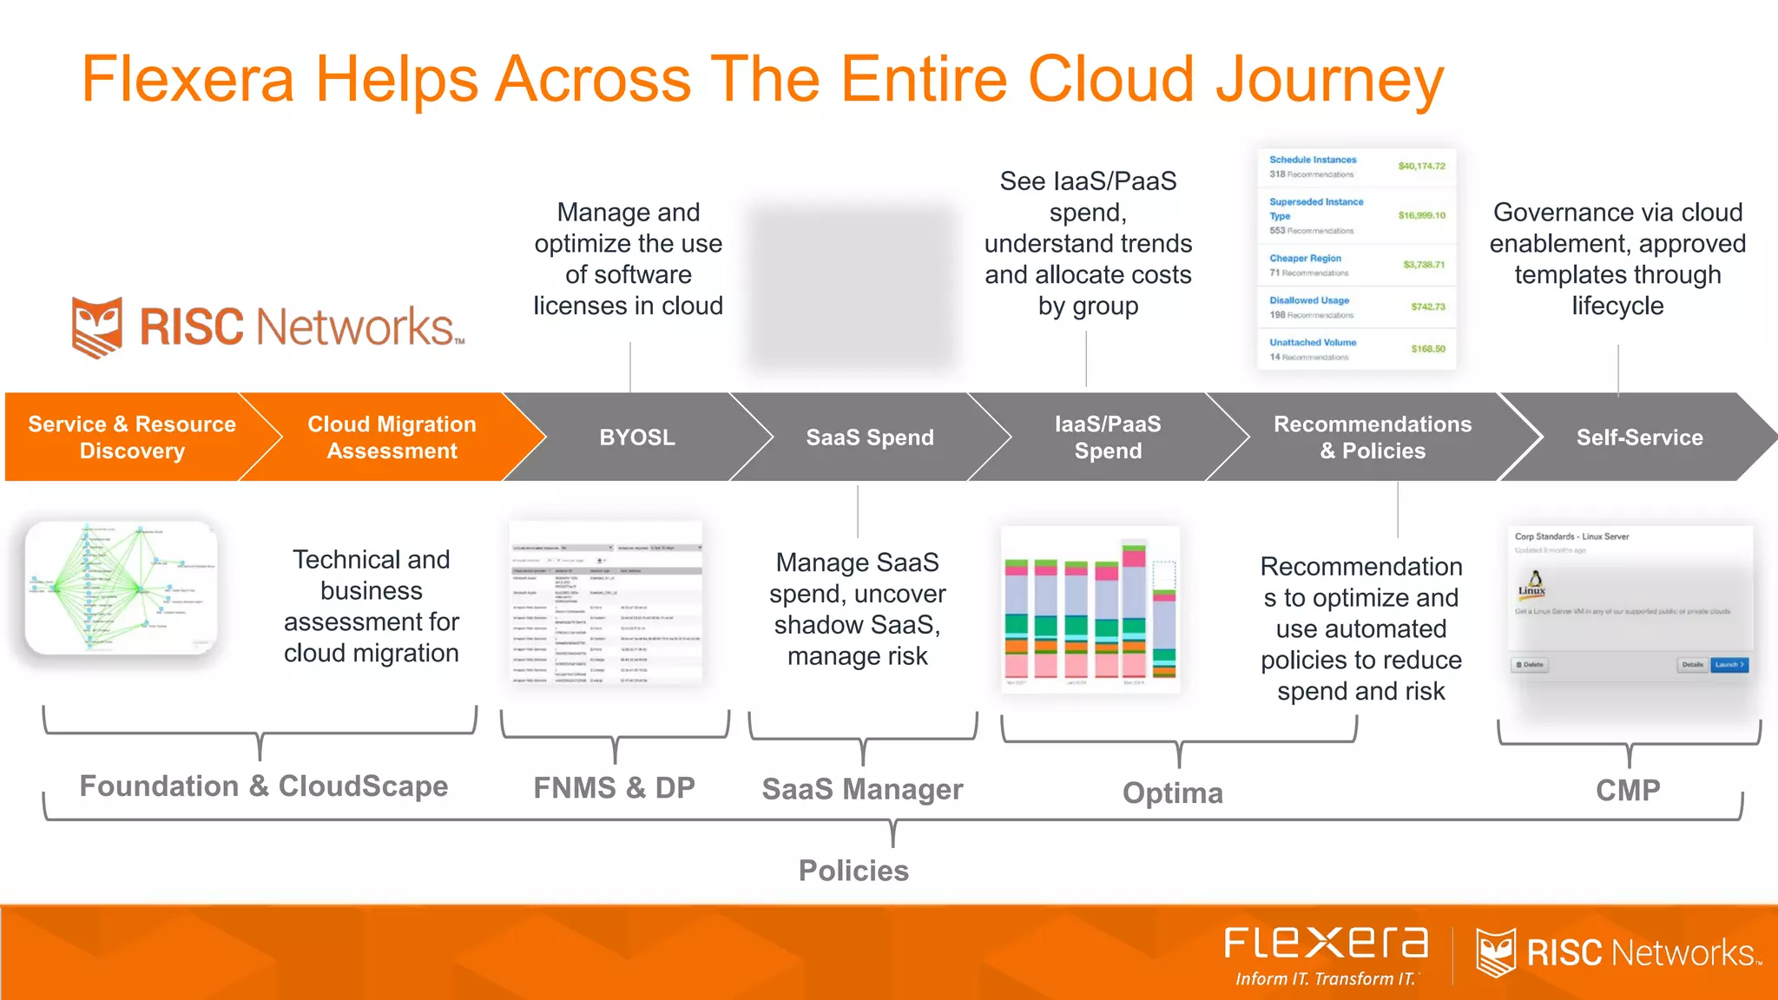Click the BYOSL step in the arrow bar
(636, 437)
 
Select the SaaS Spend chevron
(869, 437)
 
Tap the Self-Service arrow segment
(1639, 437)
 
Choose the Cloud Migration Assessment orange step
(392, 437)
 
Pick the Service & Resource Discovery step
(132, 437)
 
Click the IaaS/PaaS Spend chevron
(1108, 437)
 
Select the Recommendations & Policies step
(1372, 437)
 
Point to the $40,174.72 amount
(1421, 166)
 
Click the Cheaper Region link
(1305, 259)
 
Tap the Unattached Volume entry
(1313, 343)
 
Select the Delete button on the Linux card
(1530, 665)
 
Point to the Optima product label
(1172, 793)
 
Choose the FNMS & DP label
(614, 787)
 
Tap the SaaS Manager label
(862, 789)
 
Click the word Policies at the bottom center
(853, 871)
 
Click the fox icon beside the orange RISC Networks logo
(97, 327)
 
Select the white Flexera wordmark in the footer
(1326, 943)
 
